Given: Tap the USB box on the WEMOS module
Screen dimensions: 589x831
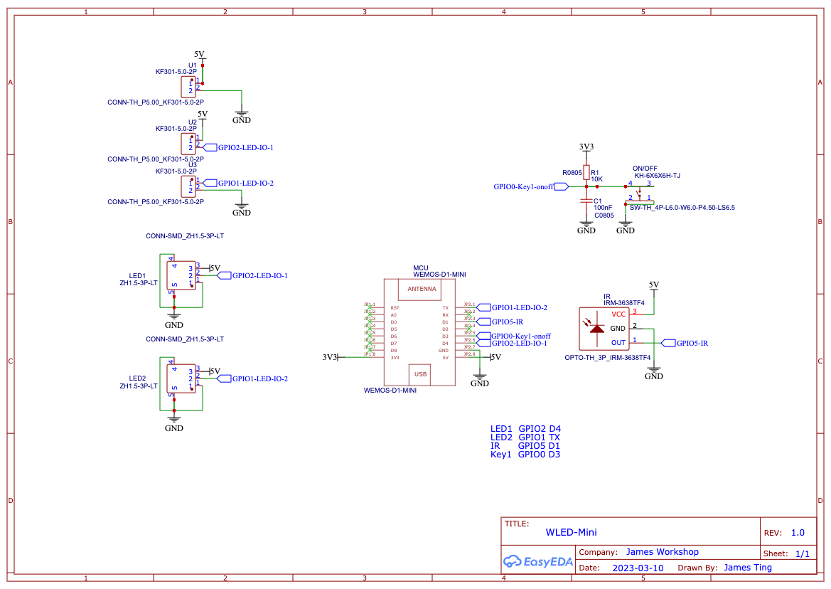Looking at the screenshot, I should [x=420, y=373].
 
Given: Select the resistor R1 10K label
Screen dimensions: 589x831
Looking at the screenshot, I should [x=596, y=176].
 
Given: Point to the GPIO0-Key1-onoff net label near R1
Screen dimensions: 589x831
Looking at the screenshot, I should [x=523, y=186].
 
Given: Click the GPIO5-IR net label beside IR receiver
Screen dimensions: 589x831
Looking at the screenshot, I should [x=692, y=343].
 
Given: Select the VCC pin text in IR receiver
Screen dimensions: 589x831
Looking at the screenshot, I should [x=618, y=314].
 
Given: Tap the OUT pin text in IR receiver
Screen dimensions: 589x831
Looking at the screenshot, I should [x=618, y=342].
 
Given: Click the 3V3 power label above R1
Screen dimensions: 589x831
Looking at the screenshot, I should [x=586, y=147].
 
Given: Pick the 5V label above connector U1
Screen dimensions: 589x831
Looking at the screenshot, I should [x=199, y=54].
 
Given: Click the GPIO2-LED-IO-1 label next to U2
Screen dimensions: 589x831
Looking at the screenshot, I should [x=245, y=147].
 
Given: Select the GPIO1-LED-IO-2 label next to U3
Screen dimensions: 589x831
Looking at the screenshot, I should [x=245, y=183].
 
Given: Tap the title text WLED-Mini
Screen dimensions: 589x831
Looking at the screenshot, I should [x=571, y=532].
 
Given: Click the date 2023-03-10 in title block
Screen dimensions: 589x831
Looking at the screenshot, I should [x=638, y=568].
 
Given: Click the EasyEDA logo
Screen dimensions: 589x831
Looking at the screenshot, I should [x=538, y=561].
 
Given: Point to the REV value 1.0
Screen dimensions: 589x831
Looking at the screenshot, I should [x=798, y=533].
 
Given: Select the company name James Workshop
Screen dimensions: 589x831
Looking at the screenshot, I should [x=662, y=551].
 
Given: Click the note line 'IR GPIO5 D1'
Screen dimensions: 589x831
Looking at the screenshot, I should [x=525, y=445].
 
